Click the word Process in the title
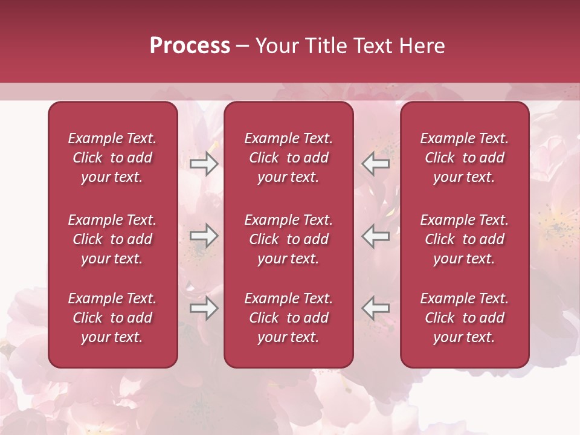coord(190,46)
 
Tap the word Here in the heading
coord(422,46)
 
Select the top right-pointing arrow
coord(204,164)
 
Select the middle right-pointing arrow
coord(204,236)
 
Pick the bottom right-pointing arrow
coord(204,308)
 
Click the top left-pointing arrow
coord(375,164)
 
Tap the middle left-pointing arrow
coord(375,236)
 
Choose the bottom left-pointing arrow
coord(375,308)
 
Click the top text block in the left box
coord(112,158)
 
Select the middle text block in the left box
coord(112,239)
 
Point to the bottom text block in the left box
coord(112,318)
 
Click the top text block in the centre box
coord(288,158)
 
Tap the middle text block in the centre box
coord(288,239)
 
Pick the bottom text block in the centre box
coord(288,318)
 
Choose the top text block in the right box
coord(464,158)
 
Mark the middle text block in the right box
coord(464,239)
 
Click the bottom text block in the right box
coord(464,318)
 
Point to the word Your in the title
coord(276,46)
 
